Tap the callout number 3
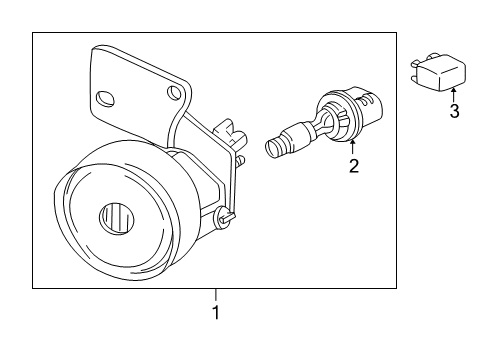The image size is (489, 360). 454,111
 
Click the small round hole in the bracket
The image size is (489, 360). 177,93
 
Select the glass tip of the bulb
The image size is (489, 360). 272,150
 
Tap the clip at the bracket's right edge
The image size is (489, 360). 231,131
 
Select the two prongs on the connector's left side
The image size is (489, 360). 412,68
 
